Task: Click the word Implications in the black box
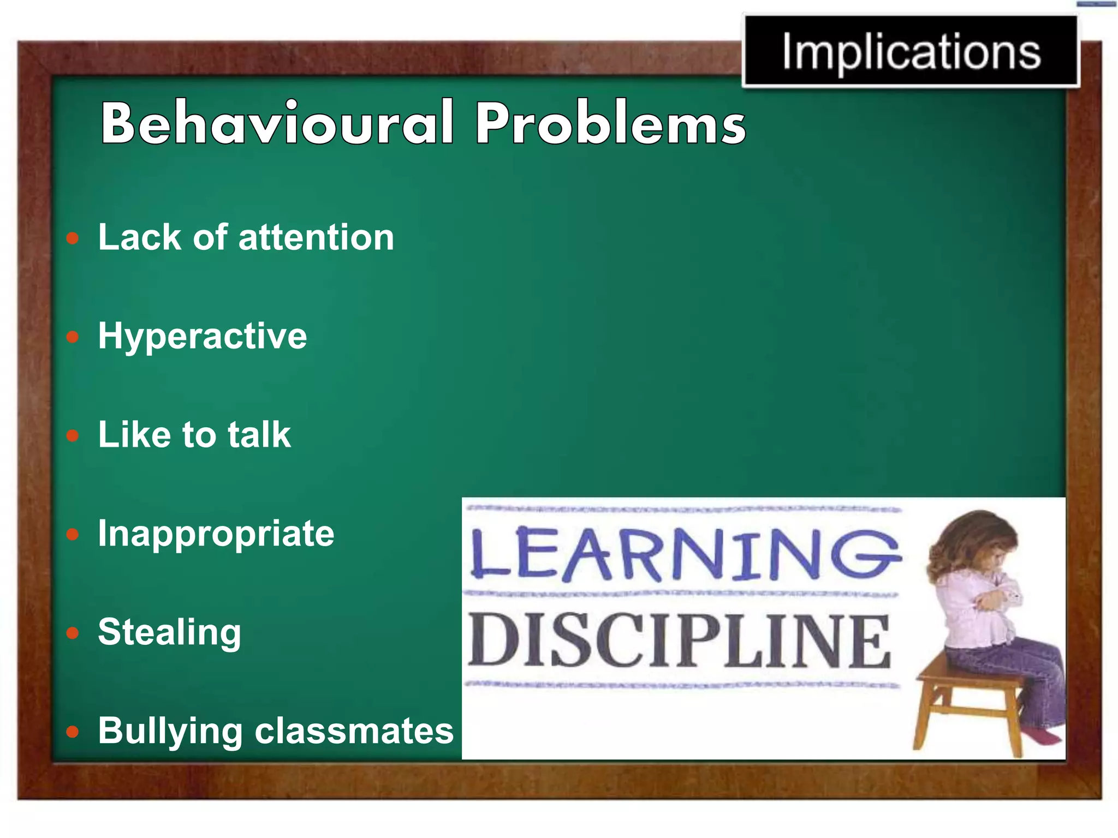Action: (911, 52)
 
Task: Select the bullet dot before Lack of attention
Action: (73, 238)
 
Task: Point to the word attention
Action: (316, 238)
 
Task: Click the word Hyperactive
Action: (203, 337)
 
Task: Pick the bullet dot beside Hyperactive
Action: (73, 337)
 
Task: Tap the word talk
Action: (259, 435)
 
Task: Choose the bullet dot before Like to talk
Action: (73, 436)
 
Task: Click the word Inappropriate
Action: (216, 534)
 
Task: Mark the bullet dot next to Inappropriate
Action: (73, 535)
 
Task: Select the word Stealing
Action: (169, 633)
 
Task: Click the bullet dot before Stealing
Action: (73, 633)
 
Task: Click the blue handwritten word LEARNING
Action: (685, 553)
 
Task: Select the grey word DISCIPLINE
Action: (679, 641)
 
